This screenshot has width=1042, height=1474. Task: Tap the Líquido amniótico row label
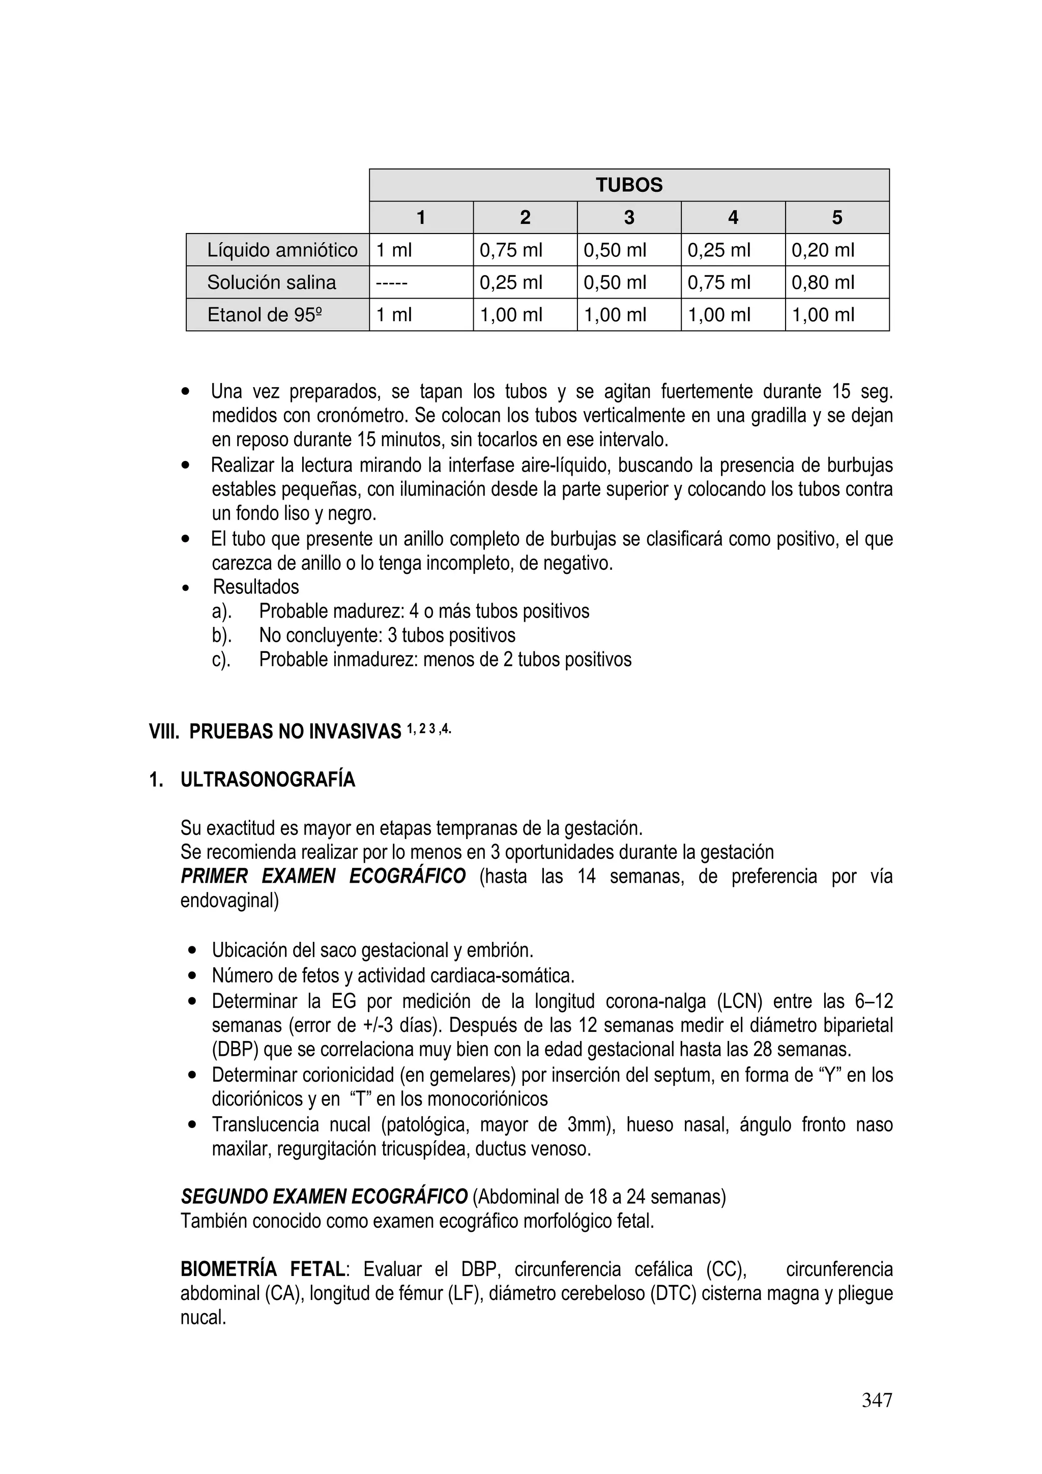(282, 250)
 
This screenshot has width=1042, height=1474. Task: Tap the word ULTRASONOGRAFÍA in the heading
(268, 780)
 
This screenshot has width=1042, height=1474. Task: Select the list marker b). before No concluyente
(221, 635)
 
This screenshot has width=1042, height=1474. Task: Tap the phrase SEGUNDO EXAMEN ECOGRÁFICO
(324, 1197)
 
